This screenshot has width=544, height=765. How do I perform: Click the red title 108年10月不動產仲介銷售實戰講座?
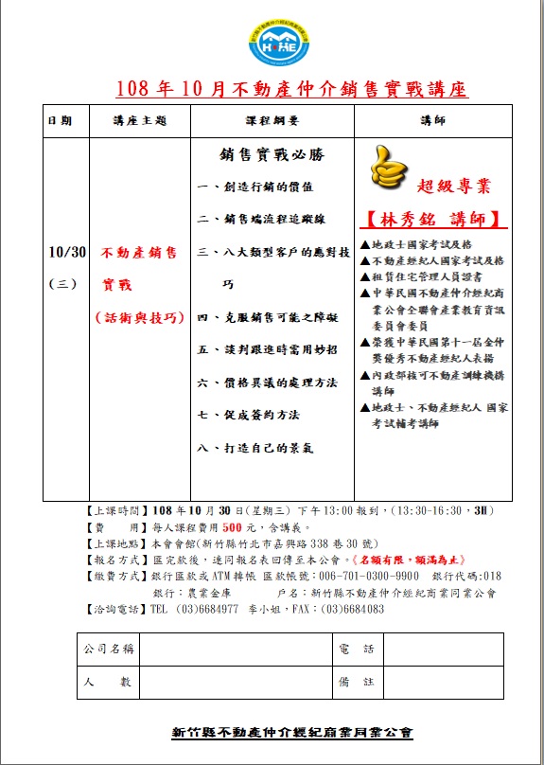[291, 90]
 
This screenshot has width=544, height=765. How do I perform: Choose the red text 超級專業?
[453, 187]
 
